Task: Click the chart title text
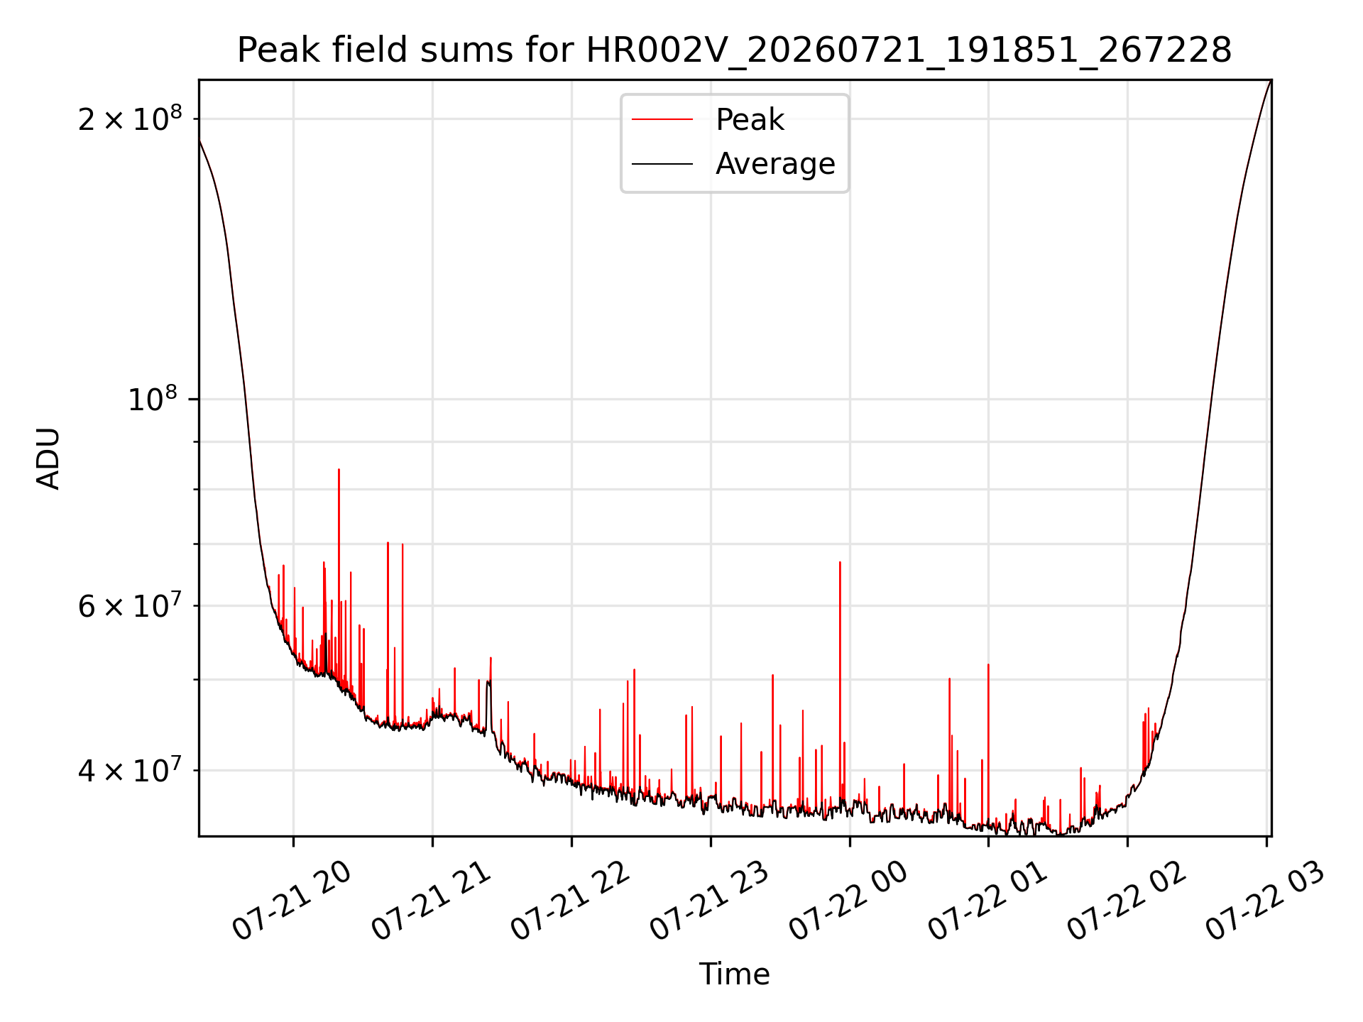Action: click(x=734, y=50)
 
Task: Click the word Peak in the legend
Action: click(x=750, y=120)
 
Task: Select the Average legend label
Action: click(x=775, y=164)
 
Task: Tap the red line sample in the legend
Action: click(x=662, y=120)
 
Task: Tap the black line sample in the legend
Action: click(x=662, y=164)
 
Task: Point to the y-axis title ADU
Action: click(x=48, y=458)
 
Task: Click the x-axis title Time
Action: click(x=734, y=974)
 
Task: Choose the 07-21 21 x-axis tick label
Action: click(x=432, y=901)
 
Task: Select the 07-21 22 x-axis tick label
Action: click(x=571, y=901)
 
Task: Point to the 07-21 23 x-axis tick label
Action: click(x=710, y=901)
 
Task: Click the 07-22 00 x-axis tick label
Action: click(x=849, y=901)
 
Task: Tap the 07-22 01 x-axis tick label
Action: click(x=988, y=901)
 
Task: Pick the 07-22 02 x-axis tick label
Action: click(x=1127, y=901)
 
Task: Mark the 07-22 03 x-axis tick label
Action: click(x=1266, y=901)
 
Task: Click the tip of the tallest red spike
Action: click(x=339, y=469)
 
